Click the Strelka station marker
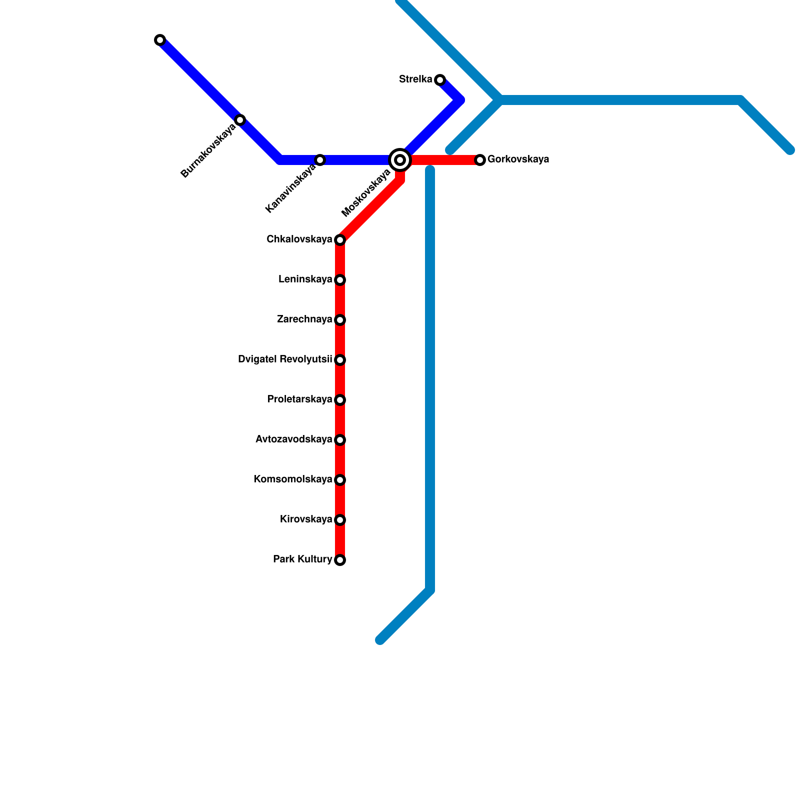[x=440, y=80]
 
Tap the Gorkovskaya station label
[x=518, y=159]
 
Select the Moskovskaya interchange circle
[x=400, y=160]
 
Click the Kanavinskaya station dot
[x=320, y=160]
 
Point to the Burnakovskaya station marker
[x=240, y=120]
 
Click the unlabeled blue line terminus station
[x=160, y=40]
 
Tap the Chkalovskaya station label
[x=299, y=239]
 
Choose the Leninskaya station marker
[x=340, y=280]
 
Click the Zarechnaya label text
[x=304, y=319]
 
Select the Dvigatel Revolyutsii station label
[x=285, y=359]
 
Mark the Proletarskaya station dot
[x=340, y=400]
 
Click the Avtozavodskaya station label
[x=293, y=439]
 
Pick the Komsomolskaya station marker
[x=340, y=480]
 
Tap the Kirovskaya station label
[x=306, y=519]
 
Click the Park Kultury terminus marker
[x=340, y=560]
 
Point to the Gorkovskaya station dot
[x=480, y=160]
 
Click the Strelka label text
[x=415, y=79]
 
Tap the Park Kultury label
[x=302, y=559]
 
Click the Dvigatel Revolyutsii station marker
[x=340, y=360]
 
